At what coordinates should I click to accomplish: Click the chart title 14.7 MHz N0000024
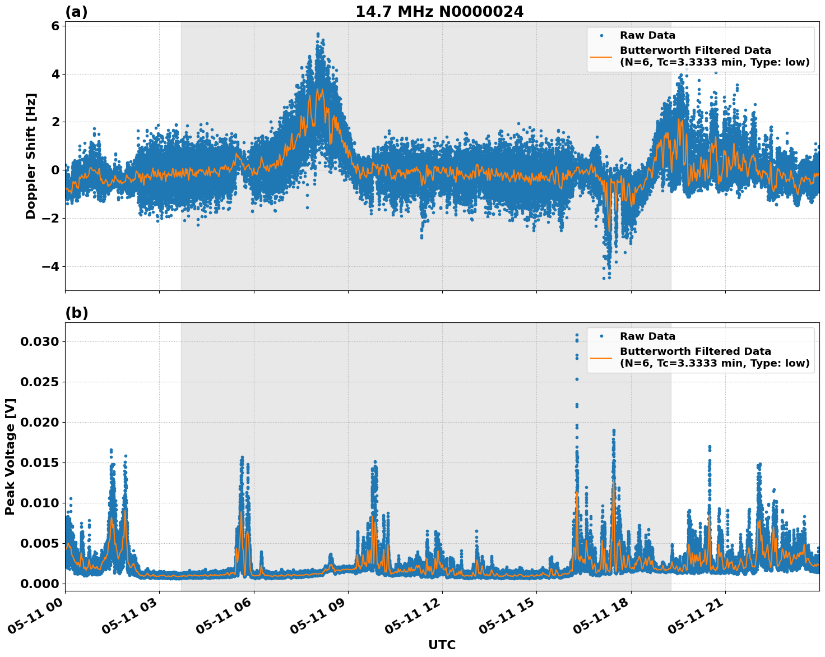click(x=439, y=12)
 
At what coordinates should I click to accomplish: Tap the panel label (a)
click(x=76, y=12)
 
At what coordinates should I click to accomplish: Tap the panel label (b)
click(x=76, y=313)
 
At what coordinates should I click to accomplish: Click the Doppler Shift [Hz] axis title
click(x=31, y=156)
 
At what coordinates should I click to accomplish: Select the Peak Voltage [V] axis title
click(x=10, y=456)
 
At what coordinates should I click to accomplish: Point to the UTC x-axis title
click(x=442, y=645)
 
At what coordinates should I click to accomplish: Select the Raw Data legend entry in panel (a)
click(x=647, y=35)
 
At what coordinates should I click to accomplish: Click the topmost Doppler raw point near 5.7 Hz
click(x=318, y=34)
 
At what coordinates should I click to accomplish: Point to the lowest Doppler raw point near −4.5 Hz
click(x=604, y=278)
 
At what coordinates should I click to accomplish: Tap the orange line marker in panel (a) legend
click(x=602, y=56)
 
